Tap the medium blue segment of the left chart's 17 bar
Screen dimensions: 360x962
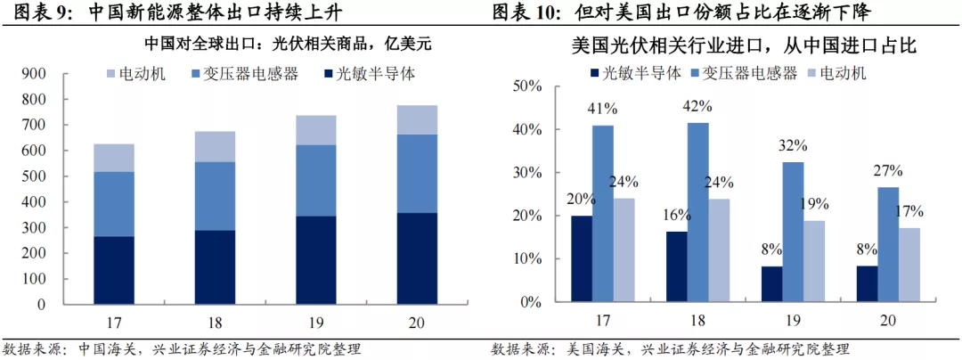point(114,204)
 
